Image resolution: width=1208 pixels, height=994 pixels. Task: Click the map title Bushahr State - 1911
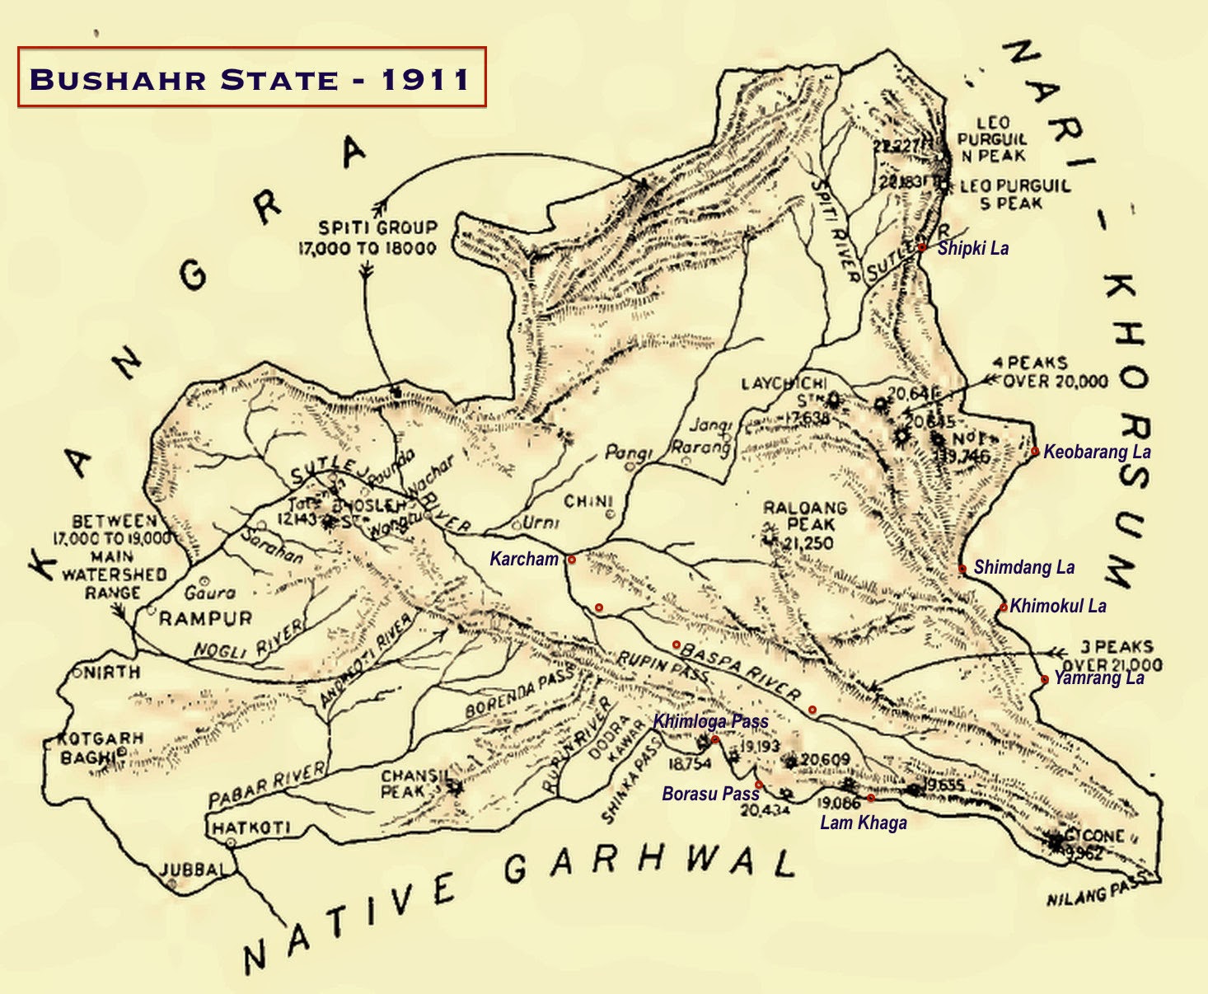(250, 78)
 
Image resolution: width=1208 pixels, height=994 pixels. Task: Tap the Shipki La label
(972, 248)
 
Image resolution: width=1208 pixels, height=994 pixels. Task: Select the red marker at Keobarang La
(1035, 451)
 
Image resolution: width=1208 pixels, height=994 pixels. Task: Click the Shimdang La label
(1023, 567)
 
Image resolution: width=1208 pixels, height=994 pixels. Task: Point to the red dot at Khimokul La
(1004, 607)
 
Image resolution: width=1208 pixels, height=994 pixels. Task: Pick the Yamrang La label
(1098, 678)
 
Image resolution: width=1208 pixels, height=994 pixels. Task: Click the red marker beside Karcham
(571, 560)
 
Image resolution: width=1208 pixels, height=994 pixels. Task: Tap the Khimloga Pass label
(710, 721)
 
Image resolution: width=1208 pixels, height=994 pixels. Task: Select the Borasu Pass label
(710, 794)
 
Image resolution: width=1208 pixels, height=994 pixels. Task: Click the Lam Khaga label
(863, 822)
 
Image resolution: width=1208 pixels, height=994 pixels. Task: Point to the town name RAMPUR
(205, 618)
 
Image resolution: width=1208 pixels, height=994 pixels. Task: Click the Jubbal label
(192, 870)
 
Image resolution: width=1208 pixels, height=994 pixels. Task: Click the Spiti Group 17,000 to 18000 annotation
(367, 237)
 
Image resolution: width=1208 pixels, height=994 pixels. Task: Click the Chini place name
(588, 501)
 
